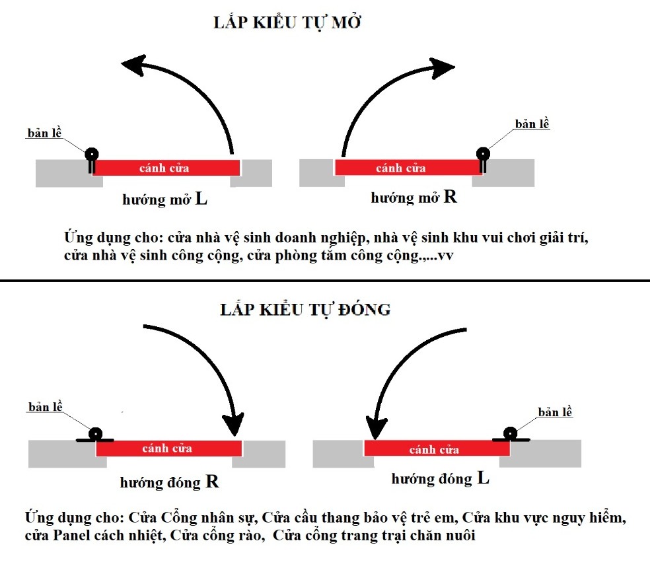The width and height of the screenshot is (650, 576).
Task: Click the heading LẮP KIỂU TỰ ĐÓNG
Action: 305,309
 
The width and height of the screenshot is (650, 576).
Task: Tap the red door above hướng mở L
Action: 164,168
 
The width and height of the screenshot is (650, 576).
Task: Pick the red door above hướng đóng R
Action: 168,449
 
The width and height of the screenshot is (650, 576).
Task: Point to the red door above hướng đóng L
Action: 436,450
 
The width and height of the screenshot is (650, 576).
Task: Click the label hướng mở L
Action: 164,199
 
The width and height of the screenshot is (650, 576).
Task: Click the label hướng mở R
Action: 414,198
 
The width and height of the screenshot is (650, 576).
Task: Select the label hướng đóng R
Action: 169,482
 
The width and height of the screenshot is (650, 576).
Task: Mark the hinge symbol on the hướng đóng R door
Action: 96,435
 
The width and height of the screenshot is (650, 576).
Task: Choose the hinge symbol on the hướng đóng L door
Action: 510,434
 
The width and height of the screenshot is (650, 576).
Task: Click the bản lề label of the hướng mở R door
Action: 532,124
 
